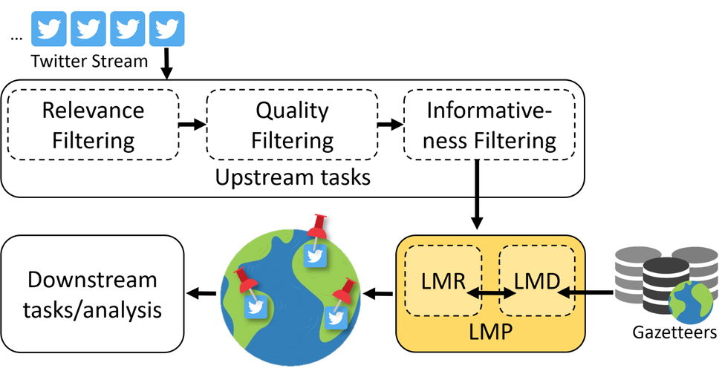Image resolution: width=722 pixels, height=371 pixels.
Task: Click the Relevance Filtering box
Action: pos(93,124)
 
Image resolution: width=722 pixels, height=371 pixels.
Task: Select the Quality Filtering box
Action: pos(292,124)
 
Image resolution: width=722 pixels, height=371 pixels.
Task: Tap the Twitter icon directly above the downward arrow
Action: pos(167,28)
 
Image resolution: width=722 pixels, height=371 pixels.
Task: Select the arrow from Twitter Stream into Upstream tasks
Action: pos(167,62)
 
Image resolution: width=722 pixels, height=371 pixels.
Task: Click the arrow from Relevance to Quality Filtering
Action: pos(192,124)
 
